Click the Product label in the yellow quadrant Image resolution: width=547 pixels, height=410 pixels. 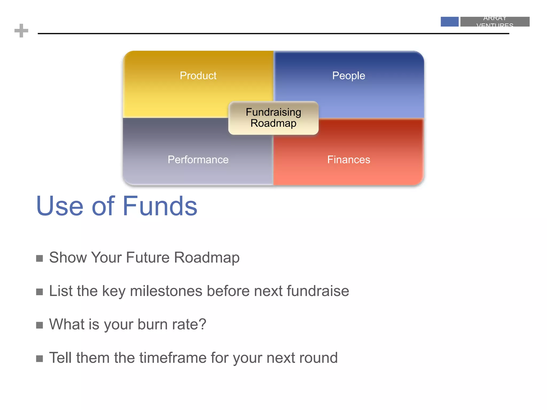coord(198,76)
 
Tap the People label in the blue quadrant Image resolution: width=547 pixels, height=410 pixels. coord(348,76)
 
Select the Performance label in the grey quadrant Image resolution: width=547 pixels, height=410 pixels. coord(198,160)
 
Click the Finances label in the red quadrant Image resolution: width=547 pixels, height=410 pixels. coord(349,160)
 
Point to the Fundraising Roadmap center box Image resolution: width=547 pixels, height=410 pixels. coord(273,118)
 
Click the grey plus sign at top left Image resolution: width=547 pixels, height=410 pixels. coord(21,31)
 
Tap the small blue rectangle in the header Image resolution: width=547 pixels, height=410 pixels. coord(449,22)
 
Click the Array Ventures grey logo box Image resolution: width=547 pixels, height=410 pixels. coord(495,22)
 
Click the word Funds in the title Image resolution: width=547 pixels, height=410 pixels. coord(160,206)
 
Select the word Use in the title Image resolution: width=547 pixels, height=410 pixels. coord(60,206)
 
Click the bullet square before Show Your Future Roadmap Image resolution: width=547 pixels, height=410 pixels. coord(40,258)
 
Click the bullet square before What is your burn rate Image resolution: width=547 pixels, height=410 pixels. coord(40,325)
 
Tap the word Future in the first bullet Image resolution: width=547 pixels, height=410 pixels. coord(147,258)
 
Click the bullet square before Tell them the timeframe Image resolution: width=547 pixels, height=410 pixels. coord(40,358)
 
